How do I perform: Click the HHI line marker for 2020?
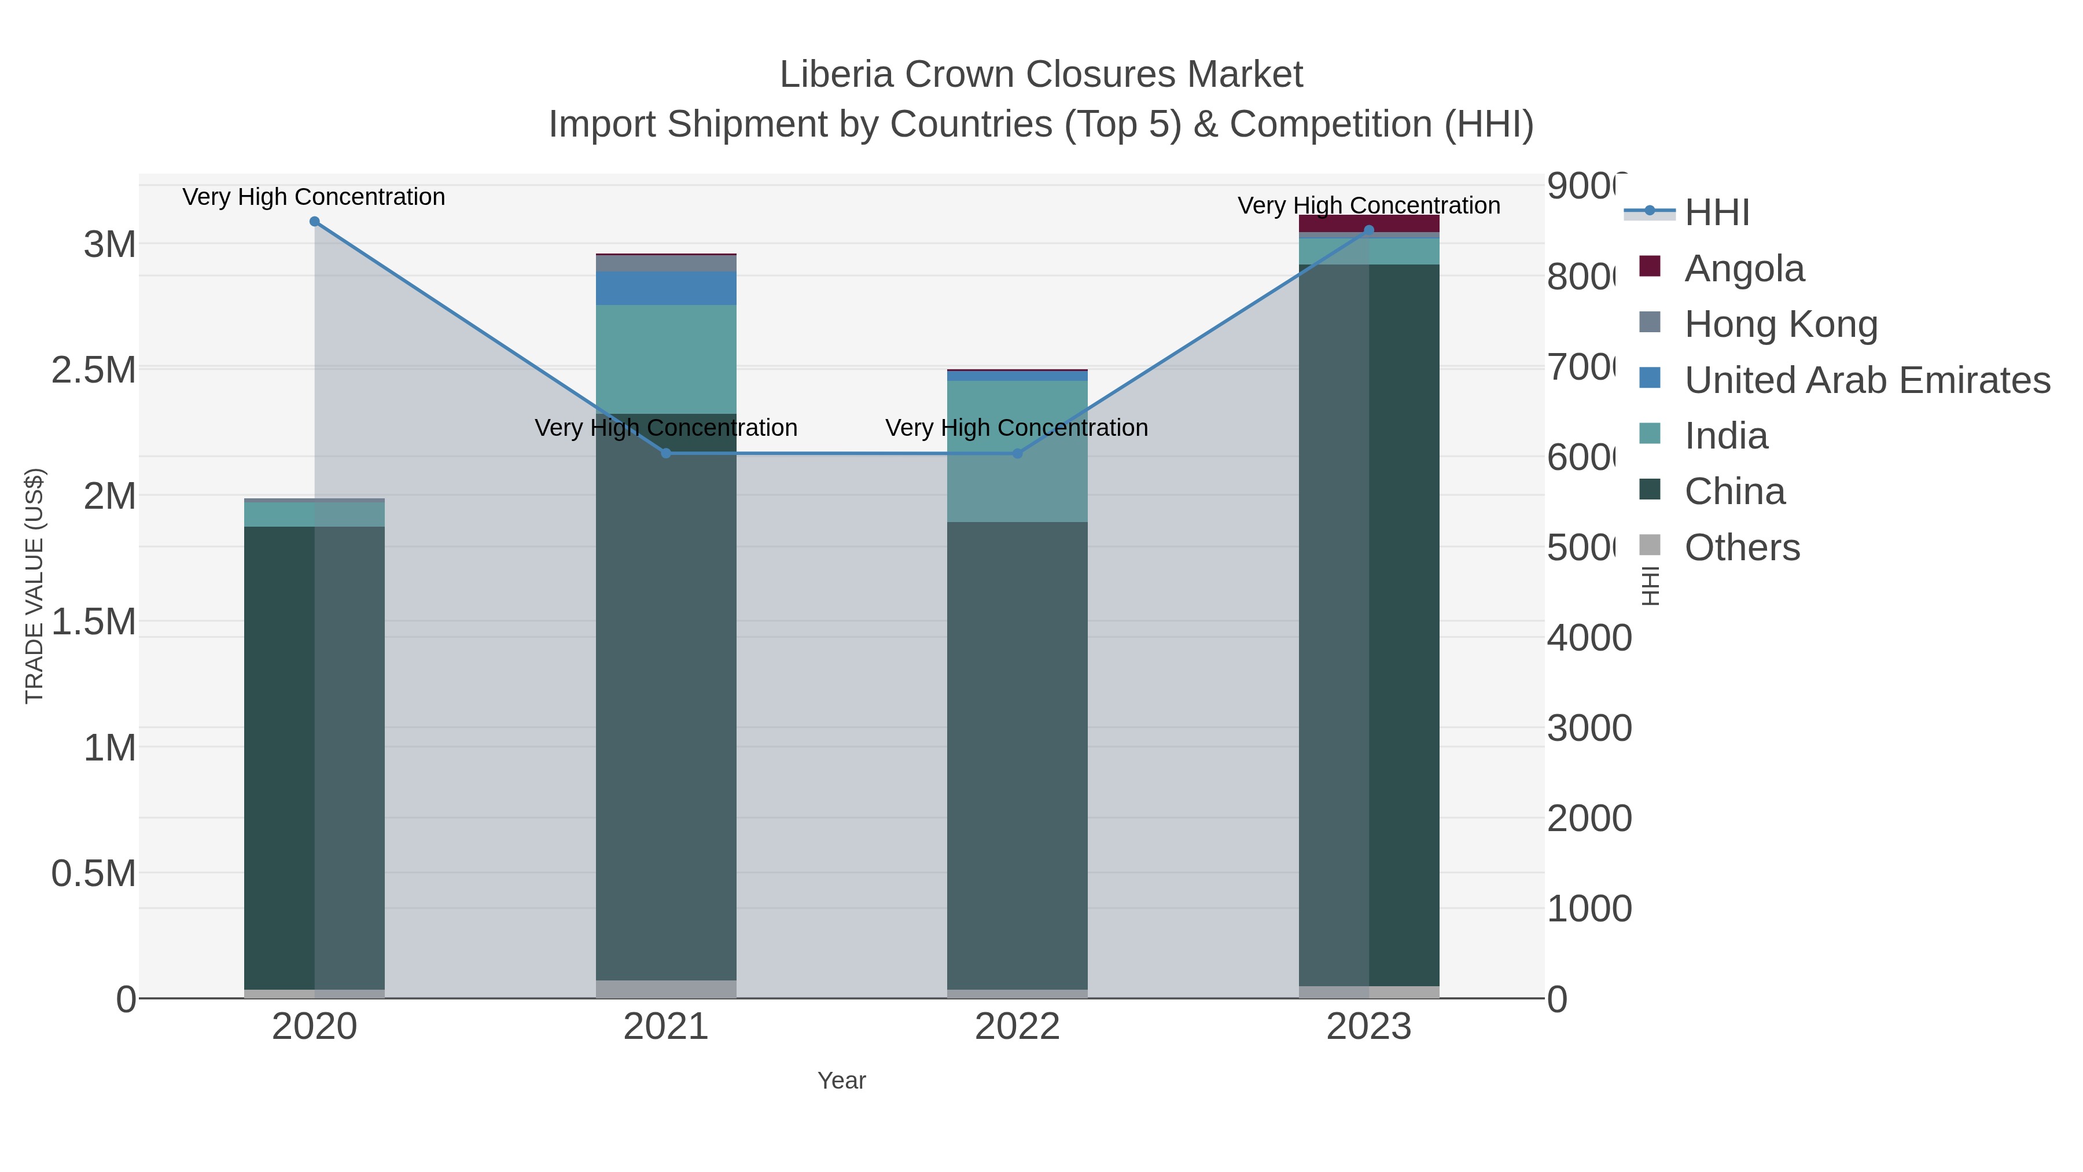(x=315, y=222)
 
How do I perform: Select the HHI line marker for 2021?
(x=667, y=454)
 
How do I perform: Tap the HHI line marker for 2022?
(x=1017, y=454)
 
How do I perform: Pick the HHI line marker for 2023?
(x=1369, y=230)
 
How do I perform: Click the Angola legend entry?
(x=1743, y=269)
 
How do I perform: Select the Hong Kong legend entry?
(x=1780, y=324)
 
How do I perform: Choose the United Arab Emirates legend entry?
(x=1866, y=380)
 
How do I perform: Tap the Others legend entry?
(x=1741, y=548)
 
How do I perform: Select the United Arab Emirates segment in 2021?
(x=667, y=289)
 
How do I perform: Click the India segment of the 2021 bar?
(x=667, y=359)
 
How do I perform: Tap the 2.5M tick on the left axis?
(x=94, y=370)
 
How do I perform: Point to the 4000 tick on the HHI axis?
(x=1589, y=638)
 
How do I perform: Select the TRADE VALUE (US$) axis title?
(x=34, y=586)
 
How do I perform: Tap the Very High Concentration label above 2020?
(x=314, y=197)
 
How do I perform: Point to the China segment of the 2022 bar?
(x=1017, y=752)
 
